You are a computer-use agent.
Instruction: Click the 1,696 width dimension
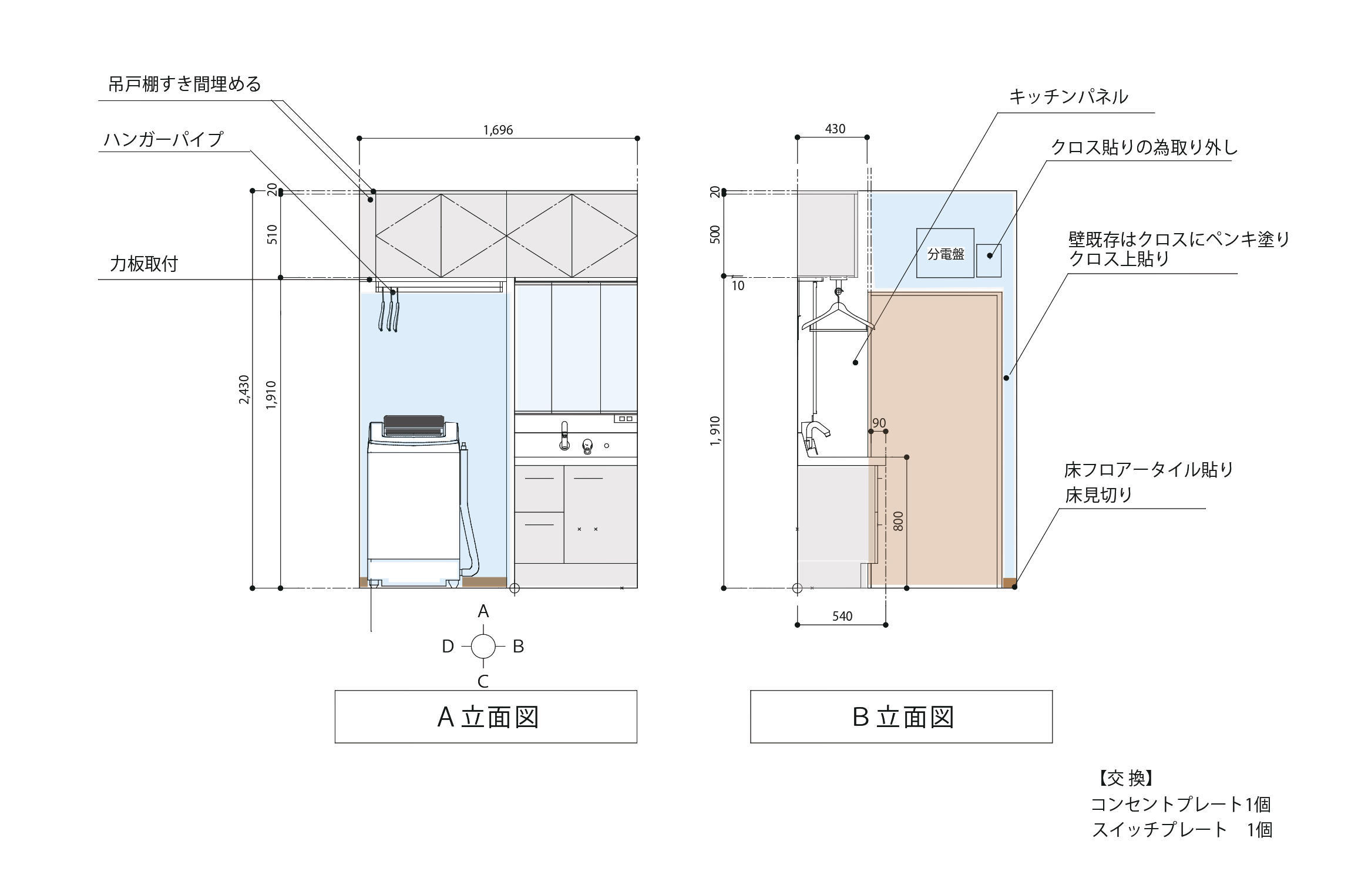pyautogui.click(x=498, y=130)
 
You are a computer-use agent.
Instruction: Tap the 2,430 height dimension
pyautogui.click(x=244, y=389)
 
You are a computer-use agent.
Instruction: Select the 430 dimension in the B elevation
pyautogui.click(x=835, y=129)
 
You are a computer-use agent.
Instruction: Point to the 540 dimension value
pyautogui.click(x=842, y=616)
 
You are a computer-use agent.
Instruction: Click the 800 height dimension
pyautogui.click(x=898, y=521)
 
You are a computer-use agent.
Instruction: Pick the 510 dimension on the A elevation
pyautogui.click(x=272, y=234)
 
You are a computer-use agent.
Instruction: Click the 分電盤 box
pyautogui.click(x=945, y=253)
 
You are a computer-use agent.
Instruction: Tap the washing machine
pyautogui.click(x=414, y=502)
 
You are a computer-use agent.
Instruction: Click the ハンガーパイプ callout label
pyautogui.click(x=163, y=140)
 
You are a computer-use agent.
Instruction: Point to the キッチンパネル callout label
pyautogui.click(x=1068, y=97)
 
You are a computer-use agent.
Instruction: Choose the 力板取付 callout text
pyautogui.click(x=144, y=264)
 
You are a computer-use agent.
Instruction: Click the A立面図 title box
pyautogui.click(x=486, y=716)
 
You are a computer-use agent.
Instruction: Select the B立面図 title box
pyautogui.click(x=901, y=716)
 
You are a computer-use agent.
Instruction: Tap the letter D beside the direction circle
pyautogui.click(x=448, y=647)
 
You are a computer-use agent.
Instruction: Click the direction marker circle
pyautogui.click(x=483, y=646)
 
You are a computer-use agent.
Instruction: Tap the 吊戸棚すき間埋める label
pyautogui.click(x=184, y=85)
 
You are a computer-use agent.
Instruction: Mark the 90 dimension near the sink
pyautogui.click(x=879, y=423)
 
